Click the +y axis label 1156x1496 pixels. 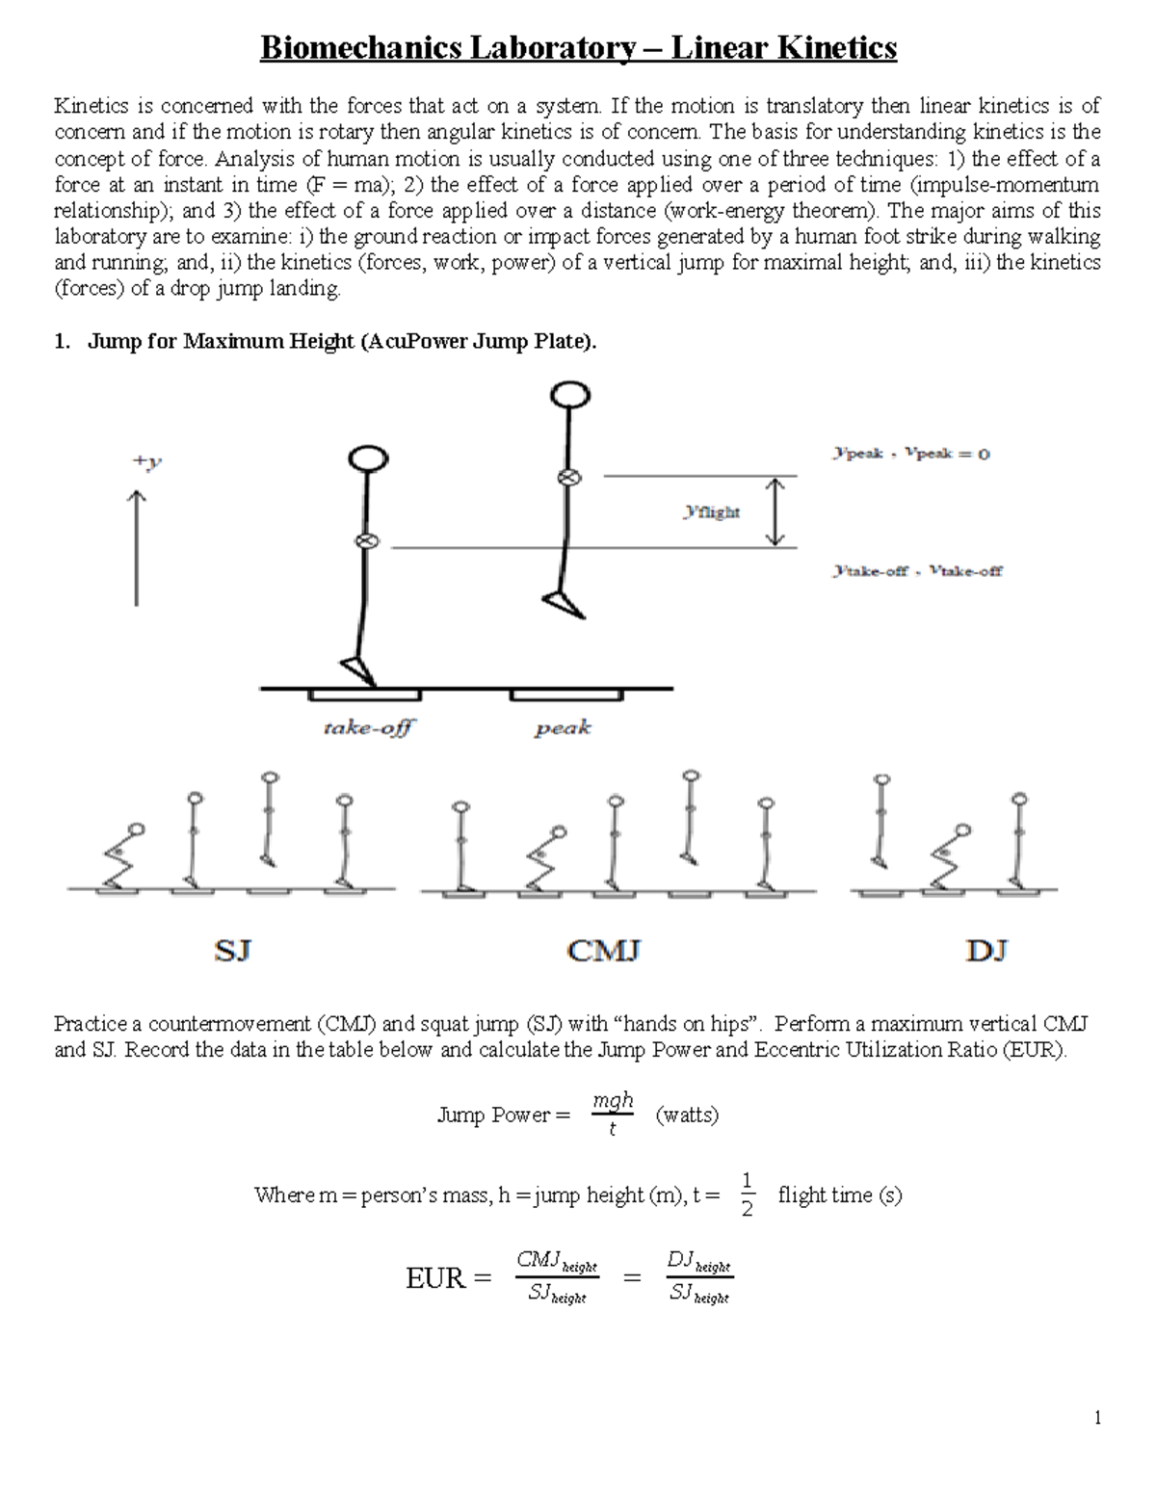click(146, 462)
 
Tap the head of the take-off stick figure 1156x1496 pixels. click(367, 459)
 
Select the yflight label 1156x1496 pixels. click(711, 512)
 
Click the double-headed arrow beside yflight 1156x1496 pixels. click(775, 512)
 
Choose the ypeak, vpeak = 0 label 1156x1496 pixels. click(910, 454)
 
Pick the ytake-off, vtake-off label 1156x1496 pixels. click(916, 571)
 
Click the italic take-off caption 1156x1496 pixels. click(367, 728)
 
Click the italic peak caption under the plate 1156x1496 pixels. click(563, 728)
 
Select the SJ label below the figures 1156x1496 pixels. click(232, 952)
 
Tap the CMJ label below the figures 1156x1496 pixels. click(604, 952)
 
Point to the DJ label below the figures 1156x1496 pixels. click(985, 952)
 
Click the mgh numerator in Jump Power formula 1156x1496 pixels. click(613, 1100)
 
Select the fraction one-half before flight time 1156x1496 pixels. click(748, 1194)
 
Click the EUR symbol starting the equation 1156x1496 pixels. click(436, 1279)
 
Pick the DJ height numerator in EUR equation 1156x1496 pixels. click(697, 1261)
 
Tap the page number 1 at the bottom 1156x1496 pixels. click(1097, 1417)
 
